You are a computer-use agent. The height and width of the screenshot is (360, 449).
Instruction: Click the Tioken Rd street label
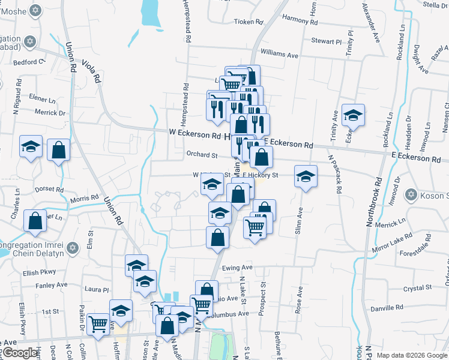click(249, 22)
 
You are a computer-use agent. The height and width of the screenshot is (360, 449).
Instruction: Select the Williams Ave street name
click(280, 55)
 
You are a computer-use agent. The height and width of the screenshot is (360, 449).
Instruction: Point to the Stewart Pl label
click(326, 41)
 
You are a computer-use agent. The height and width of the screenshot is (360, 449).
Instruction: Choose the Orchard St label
click(202, 154)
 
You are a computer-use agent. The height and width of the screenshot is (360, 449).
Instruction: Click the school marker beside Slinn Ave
click(306, 176)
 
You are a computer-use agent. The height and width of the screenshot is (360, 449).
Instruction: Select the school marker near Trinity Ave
click(353, 115)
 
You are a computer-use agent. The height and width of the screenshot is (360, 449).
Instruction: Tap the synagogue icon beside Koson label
click(411, 194)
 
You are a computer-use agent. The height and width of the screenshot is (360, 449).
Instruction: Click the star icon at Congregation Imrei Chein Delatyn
click(73, 247)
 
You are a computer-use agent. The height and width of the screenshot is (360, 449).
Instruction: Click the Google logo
click(20, 353)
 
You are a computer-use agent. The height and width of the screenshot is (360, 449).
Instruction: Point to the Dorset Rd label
click(50, 189)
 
